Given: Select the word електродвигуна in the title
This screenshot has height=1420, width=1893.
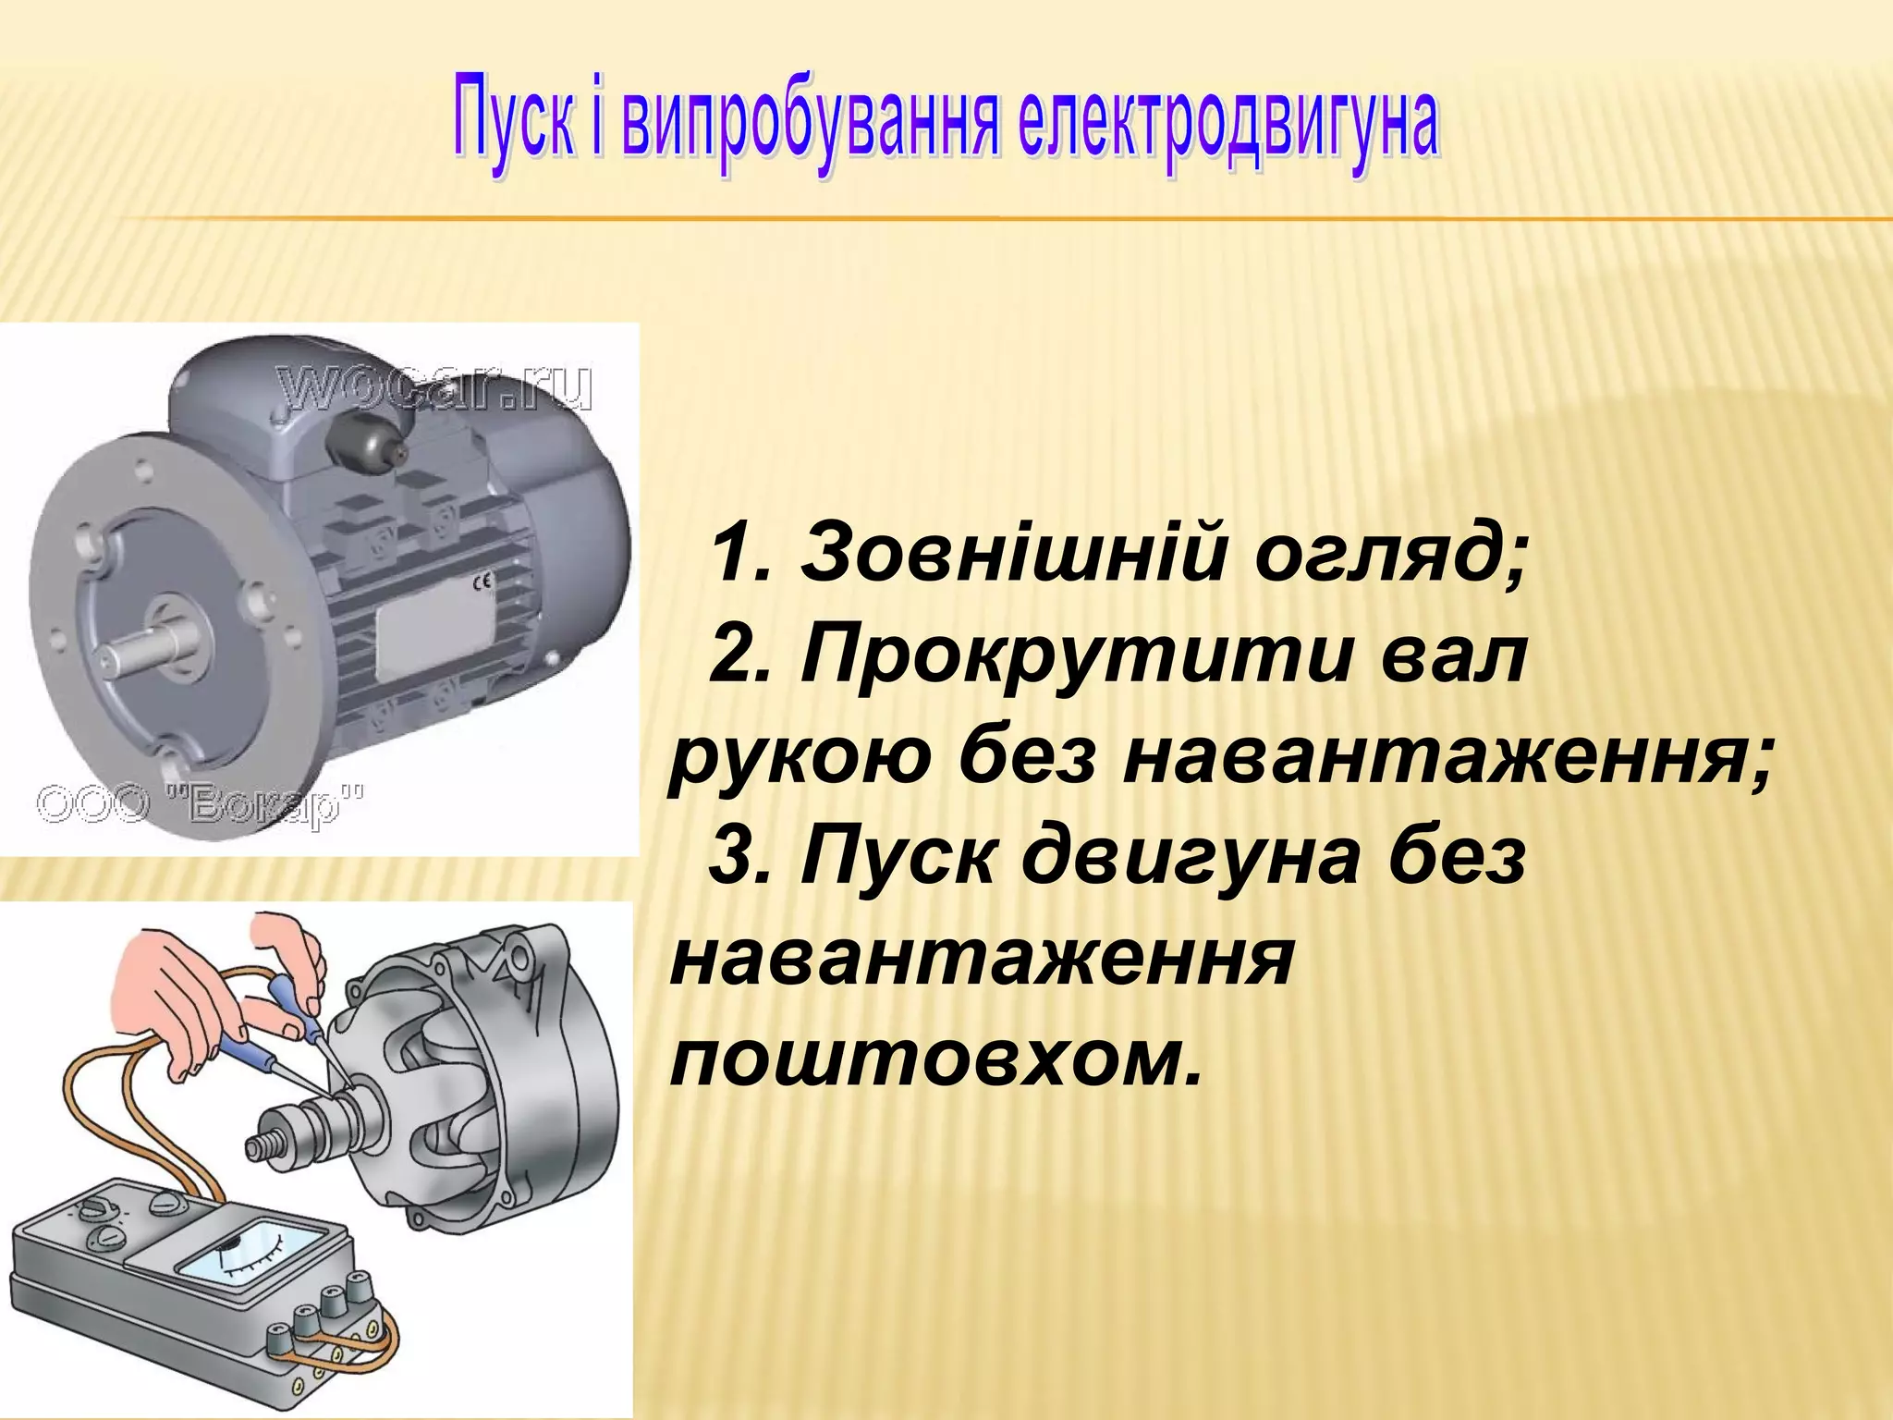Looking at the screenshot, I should pos(1228,126).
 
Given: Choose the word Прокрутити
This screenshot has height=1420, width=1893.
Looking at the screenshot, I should pos(1071,655).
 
